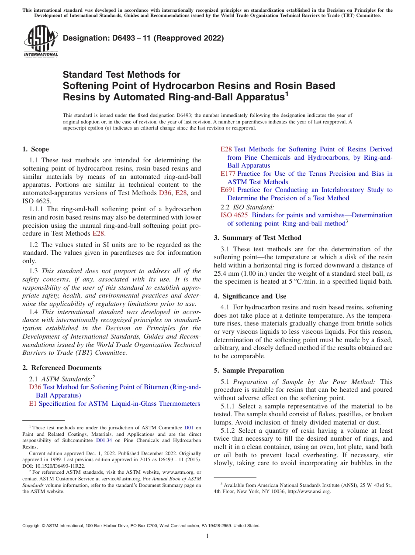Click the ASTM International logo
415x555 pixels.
click(x=41, y=41)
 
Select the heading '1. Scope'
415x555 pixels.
click(x=35, y=149)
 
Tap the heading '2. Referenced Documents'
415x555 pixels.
click(x=62, y=368)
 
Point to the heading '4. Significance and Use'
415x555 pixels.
click(x=250, y=296)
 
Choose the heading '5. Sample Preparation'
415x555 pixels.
click(x=249, y=370)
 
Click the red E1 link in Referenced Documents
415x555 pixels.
click(x=33, y=404)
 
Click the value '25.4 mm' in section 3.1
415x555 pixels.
click(x=226, y=273)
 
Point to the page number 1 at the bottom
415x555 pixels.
click(x=207, y=536)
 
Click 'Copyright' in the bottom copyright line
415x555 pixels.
click(x=31, y=526)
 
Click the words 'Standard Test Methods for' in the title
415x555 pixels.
click(x=121, y=75)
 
